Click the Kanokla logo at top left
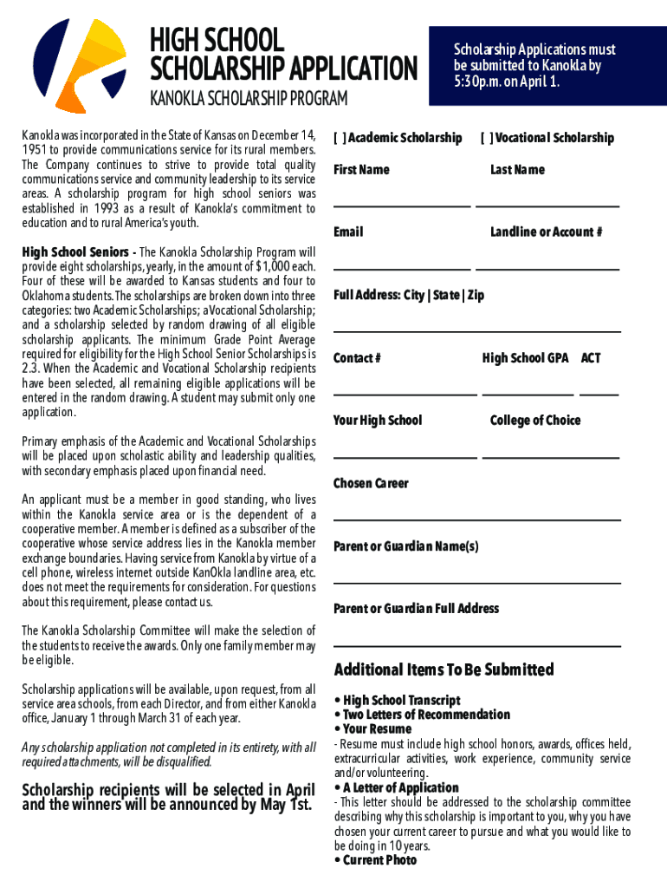click(78, 61)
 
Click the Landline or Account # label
click(547, 232)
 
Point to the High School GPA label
click(525, 358)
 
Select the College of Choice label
click(535, 421)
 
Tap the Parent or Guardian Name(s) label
click(405, 546)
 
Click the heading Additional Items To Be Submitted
click(444, 669)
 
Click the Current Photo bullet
click(379, 860)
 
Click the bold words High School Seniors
click(73, 252)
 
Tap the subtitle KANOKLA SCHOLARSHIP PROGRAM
click(249, 99)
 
